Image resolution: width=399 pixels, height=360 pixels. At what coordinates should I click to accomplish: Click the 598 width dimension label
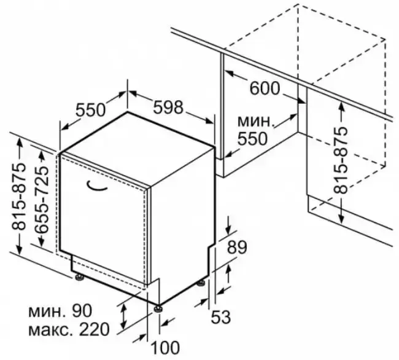point(167,107)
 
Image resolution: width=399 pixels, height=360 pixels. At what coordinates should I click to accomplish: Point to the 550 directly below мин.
point(252,139)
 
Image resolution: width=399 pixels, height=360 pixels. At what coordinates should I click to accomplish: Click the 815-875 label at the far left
point(19,197)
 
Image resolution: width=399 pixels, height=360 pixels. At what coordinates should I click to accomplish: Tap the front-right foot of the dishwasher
point(158,308)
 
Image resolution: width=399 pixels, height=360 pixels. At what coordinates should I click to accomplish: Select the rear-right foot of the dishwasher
point(202,283)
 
